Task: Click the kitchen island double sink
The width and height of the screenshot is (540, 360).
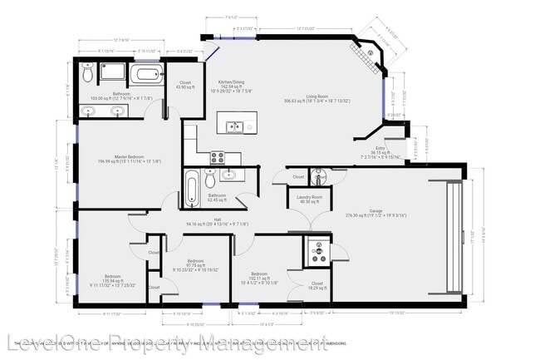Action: (x=234, y=126)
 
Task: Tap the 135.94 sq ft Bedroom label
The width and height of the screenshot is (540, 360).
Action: (x=112, y=279)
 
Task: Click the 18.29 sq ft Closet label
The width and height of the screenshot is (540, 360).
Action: (x=317, y=285)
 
